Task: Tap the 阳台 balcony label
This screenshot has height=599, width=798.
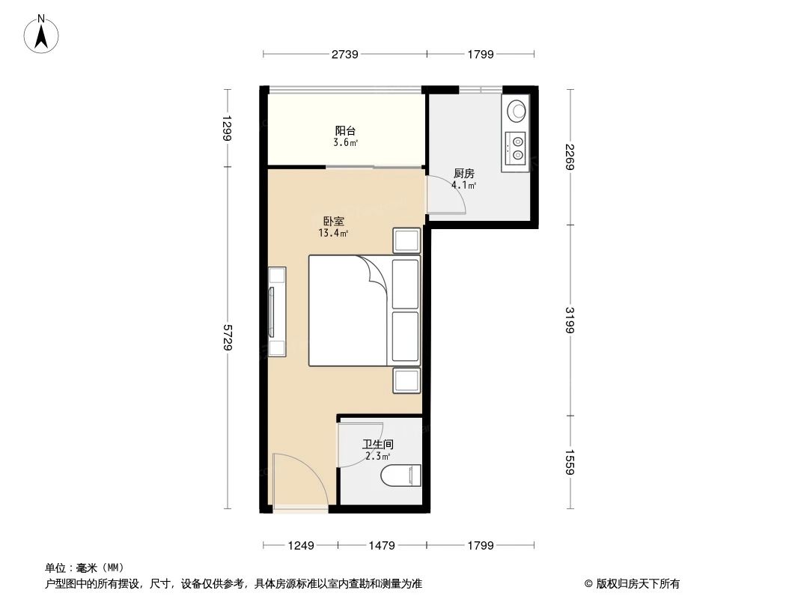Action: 345,130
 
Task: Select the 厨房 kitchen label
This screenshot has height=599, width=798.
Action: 463,173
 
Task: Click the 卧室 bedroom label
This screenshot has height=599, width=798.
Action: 334,222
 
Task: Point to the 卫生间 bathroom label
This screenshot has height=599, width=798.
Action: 378,444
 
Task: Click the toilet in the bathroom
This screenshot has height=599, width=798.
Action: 401,475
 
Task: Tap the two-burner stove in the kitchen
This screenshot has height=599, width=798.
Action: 516,148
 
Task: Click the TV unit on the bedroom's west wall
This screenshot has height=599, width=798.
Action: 275,311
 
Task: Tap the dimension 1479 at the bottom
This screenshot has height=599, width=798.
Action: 381,545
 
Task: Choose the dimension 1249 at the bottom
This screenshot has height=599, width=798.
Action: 300,545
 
